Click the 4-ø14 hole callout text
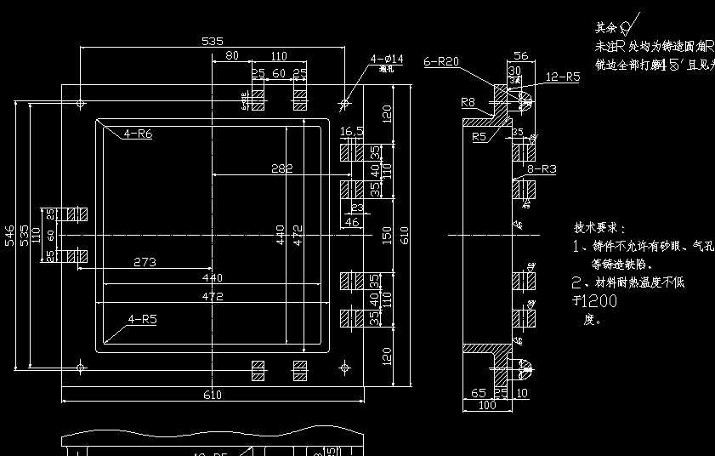pyautogui.click(x=386, y=59)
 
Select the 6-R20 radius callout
pyautogui.click(x=441, y=61)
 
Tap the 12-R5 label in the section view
pyautogui.click(x=562, y=77)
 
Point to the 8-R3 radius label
pyautogui.click(x=542, y=169)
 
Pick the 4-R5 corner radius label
pyautogui.click(x=144, y=319)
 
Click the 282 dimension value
pyautogui.click(x=281, y=168)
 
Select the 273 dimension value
pyautogui.click(x=145, y=262)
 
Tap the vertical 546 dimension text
pyautogui.click(x=9, y=236)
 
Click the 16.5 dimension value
pyautogui.click(x=352, y=132)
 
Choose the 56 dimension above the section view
pyautogui.click(x=520, y=56)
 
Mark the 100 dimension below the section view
pyautogui.click(x=486, y=406)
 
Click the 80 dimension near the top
pyautogui.click(x=231, y=56)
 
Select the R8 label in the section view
pyautogui.click(x=468, y=102)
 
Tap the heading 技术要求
pyautogui.click(x=599, y=228)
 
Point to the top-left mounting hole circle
pyautogui.click(x=80, y=104)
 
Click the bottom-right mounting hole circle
pyautogui.click(x=344, y=367)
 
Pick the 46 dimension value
pyautogui.click(x=351, y=222)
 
